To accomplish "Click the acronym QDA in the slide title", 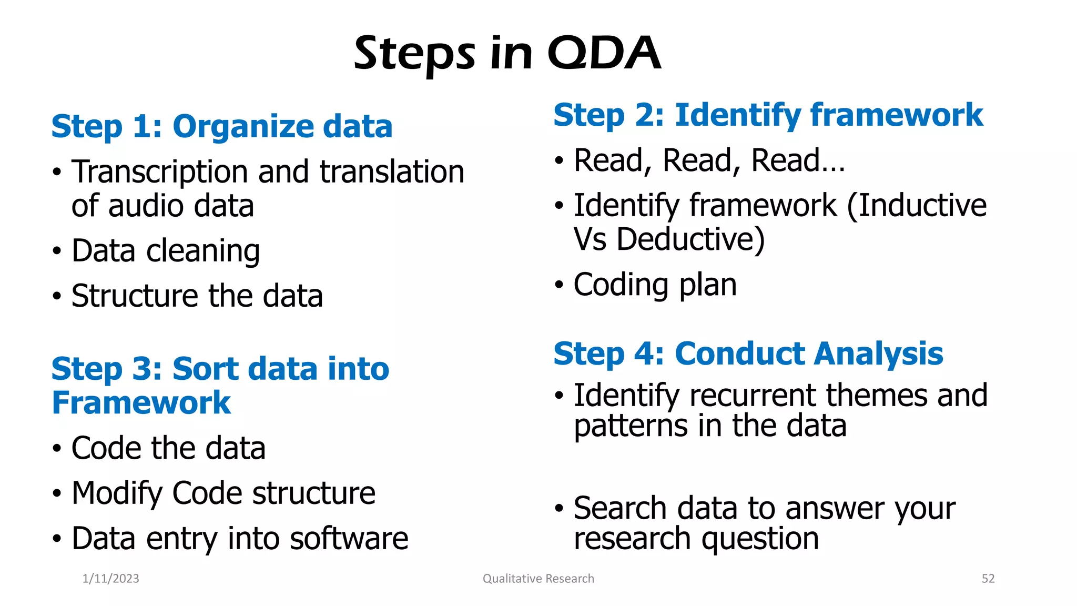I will pos(604,53).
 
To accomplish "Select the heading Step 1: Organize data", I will pos(221,127).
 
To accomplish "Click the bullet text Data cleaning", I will pos(166,251).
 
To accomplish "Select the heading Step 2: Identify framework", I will pos(768,115).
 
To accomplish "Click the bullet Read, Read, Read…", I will pos(709,160).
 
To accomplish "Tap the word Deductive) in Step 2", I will pos(690,240).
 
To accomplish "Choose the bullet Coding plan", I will pos(655,285).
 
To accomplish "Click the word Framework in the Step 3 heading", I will pos(141,403).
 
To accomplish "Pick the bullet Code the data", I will pos(168,449).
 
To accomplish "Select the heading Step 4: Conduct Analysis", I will pos(748,353).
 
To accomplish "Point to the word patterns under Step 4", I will pos(630,426).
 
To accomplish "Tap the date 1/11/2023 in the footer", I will pos(111,579).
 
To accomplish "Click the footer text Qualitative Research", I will pos(538,579).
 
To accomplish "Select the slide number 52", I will pos(988,579).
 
